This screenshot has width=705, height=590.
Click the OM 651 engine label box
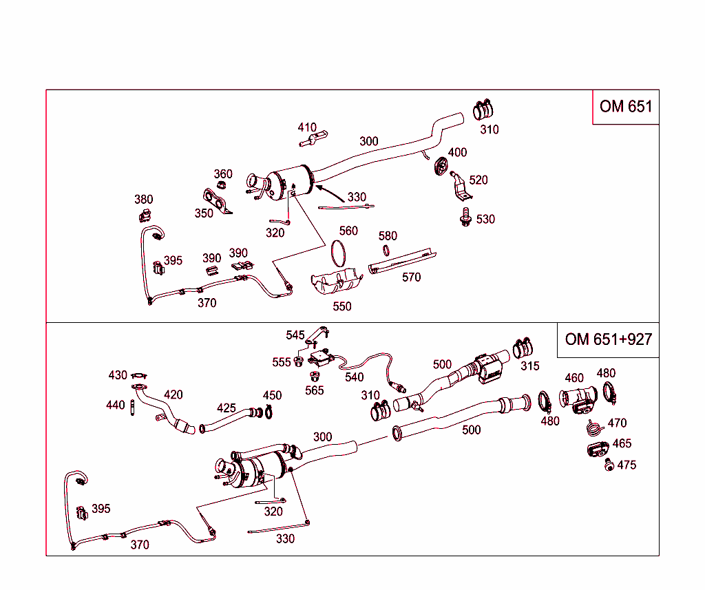(625, 107)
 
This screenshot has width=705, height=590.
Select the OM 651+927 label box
(608, 339)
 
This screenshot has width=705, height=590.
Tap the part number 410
(307, 127)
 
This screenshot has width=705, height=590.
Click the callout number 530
(485, 220)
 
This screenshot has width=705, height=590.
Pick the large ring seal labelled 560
(337, 253)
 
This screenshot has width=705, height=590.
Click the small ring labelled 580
(388, 251)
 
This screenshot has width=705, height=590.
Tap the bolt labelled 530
(465, 217)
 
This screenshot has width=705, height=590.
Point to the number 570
(411, 277)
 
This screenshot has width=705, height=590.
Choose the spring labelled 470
(594, 428)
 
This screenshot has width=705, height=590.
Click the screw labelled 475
(609, 466)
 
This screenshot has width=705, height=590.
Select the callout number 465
(622, 444)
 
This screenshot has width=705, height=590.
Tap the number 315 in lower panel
(529, 366)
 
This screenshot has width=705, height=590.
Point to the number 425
(227, 408)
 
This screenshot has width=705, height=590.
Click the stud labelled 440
(131, 407)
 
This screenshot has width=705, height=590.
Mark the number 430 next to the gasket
(118, 375)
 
